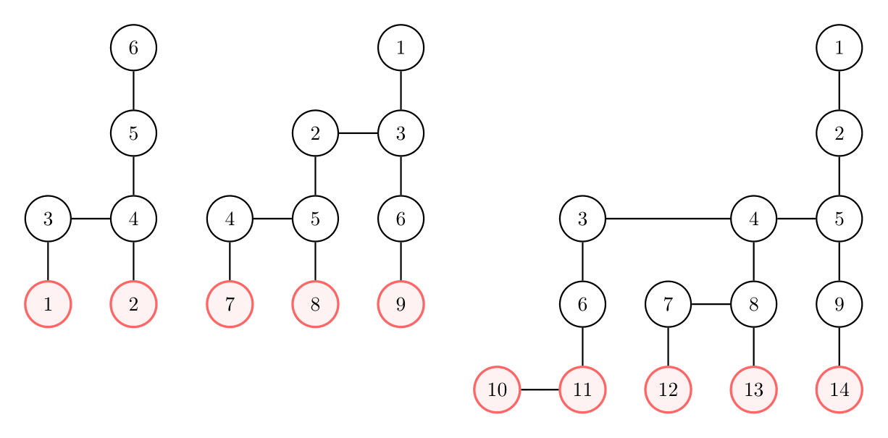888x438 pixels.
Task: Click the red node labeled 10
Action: [x=497, y=389]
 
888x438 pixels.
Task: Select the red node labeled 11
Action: [x=582, y=389]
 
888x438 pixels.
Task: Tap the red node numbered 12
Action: [x=668, y=389]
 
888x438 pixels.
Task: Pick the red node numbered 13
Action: [x=754, y=389]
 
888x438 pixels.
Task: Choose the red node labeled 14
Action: [x=839, y=389]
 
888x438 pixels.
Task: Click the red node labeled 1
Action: [x=48, y=304]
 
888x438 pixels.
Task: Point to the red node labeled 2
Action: [x=133, y=304]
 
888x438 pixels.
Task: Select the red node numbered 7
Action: [x=230, y=304]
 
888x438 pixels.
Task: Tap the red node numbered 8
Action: [x=315, y=304]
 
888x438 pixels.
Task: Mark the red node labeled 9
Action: [x=401, y=304]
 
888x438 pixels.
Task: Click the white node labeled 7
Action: [x=668, y=304]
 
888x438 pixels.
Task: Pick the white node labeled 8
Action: [x=754, y=304]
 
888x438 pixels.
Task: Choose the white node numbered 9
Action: [x=839, y=304]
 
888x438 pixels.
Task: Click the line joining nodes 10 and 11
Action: [x=540, y=389]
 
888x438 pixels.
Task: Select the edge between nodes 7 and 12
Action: [x=668, y=347]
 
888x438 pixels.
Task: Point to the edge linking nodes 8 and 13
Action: [x=754, y=347]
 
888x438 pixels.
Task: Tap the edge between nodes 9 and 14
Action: [x=839, y=347]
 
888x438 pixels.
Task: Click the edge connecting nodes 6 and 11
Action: [x=582, y=347]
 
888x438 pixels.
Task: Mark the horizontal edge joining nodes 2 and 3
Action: [x=358, y=133]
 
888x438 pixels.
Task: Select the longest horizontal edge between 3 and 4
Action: [x=668, y=218]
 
